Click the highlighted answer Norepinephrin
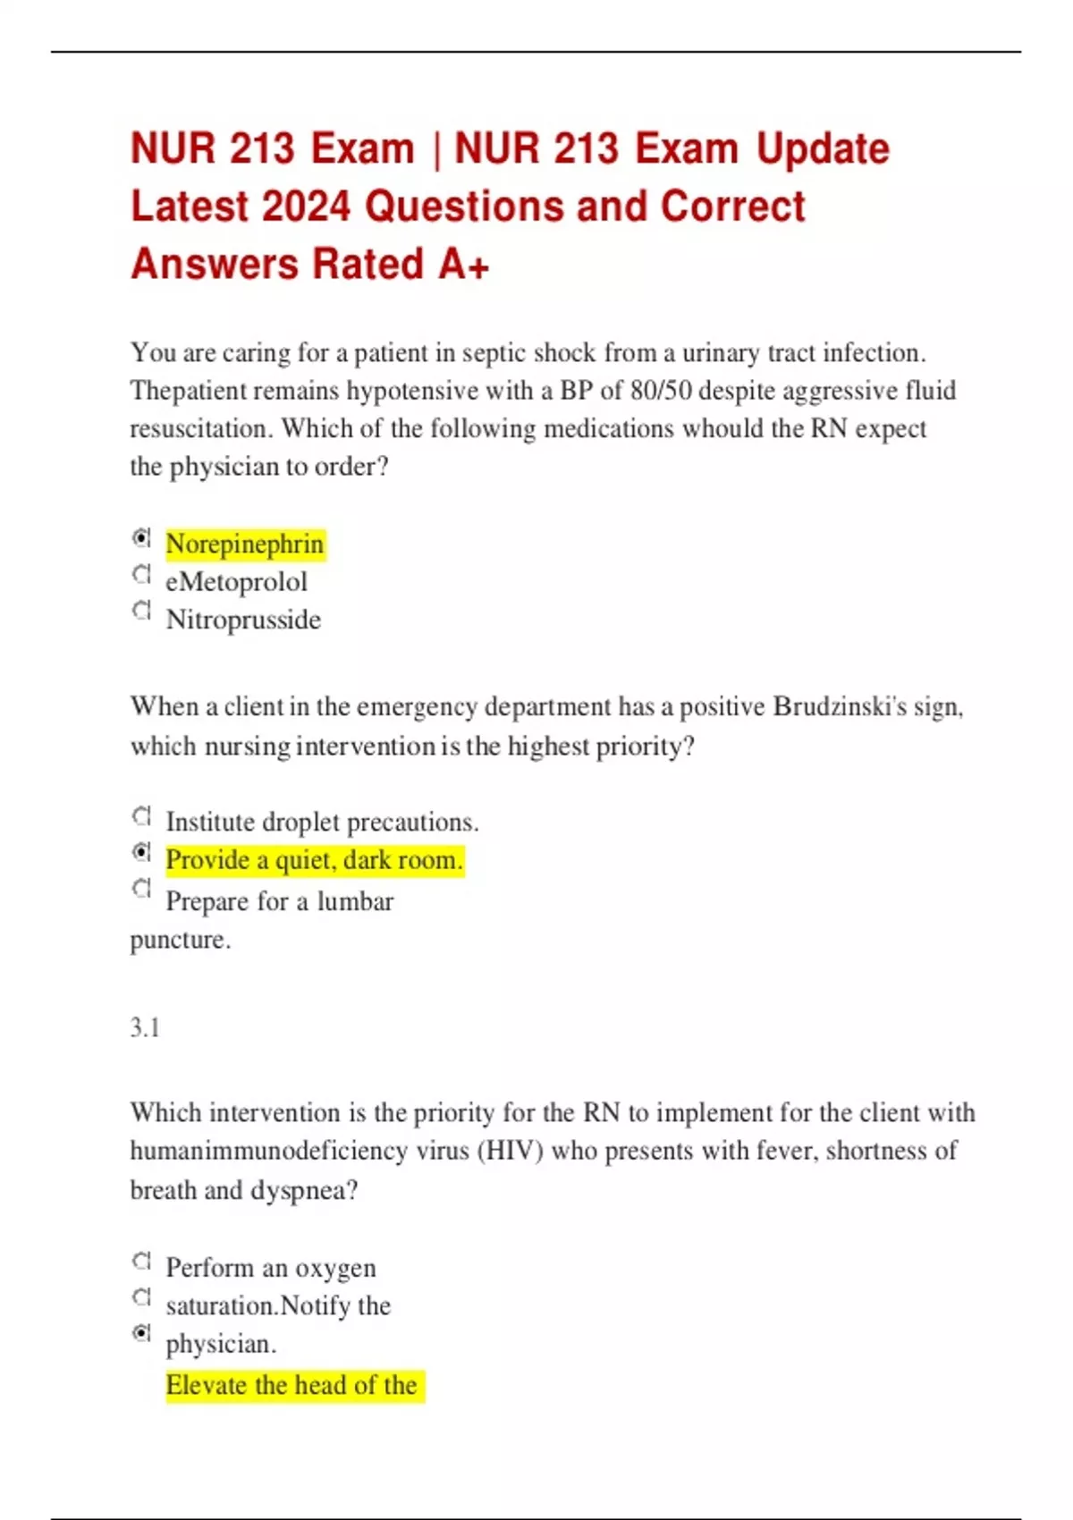click(245, 544)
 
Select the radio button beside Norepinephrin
click(141, 537)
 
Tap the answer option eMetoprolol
click(236, 582)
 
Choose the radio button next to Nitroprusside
click(141, 611)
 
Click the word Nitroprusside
click(243, 620)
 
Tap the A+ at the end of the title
click(463, 265)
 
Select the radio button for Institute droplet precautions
click(141, 815)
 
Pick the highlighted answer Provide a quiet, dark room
click(315, 860)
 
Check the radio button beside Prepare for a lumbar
click(141, 888)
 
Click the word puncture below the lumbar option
click(181, 940)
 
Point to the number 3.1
click(145, 1027)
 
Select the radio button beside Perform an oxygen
click(141, 1261)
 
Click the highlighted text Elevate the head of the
click(291, 1385)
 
